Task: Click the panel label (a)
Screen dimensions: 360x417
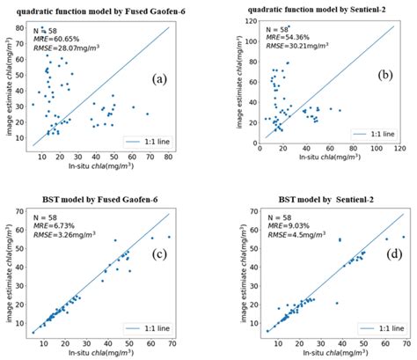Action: tap(159, 77)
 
